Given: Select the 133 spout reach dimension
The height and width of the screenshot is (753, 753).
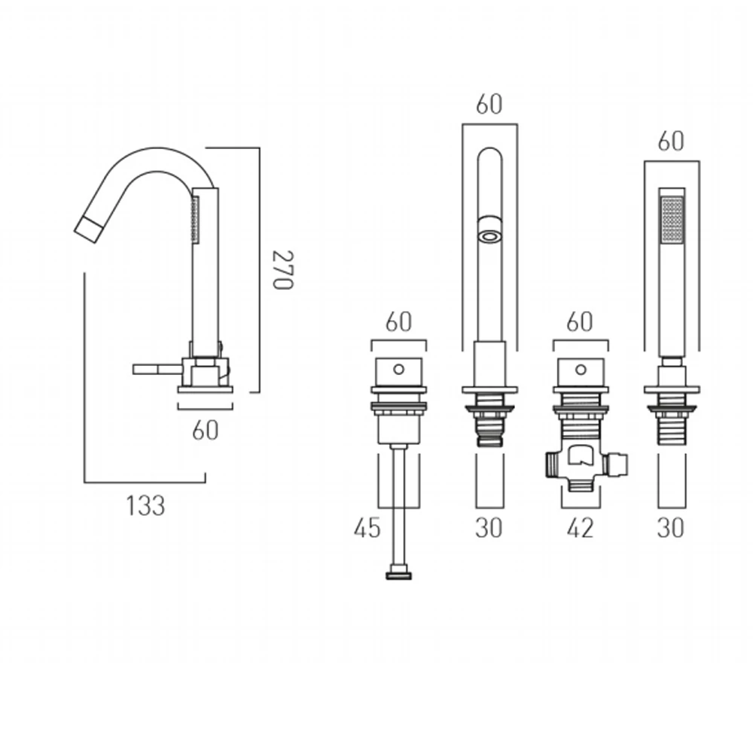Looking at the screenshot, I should point(145,505).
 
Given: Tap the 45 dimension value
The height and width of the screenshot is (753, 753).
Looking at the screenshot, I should point(367,529).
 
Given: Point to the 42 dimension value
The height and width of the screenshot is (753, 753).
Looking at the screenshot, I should point(579,529).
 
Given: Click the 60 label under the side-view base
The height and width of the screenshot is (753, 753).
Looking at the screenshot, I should point(205,430).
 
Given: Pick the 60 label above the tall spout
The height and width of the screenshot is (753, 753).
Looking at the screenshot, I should point(489,105).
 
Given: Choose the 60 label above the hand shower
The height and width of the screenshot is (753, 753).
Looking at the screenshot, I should point(671,141).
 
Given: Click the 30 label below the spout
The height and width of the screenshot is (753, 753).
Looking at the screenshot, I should point(489,529).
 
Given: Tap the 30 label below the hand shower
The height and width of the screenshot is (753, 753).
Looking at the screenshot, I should point(671,529).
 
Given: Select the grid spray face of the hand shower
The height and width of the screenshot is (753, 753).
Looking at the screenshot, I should point(672,219).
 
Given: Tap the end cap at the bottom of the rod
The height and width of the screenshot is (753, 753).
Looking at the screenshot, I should point(398,577).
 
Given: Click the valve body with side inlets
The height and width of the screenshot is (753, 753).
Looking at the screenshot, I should point(580,462).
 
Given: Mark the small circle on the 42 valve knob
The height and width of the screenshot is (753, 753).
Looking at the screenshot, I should point(580,369).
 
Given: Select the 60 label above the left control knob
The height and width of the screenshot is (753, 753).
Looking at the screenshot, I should point(399,322).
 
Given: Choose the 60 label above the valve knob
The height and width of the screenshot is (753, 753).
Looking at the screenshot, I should point(580,322).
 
